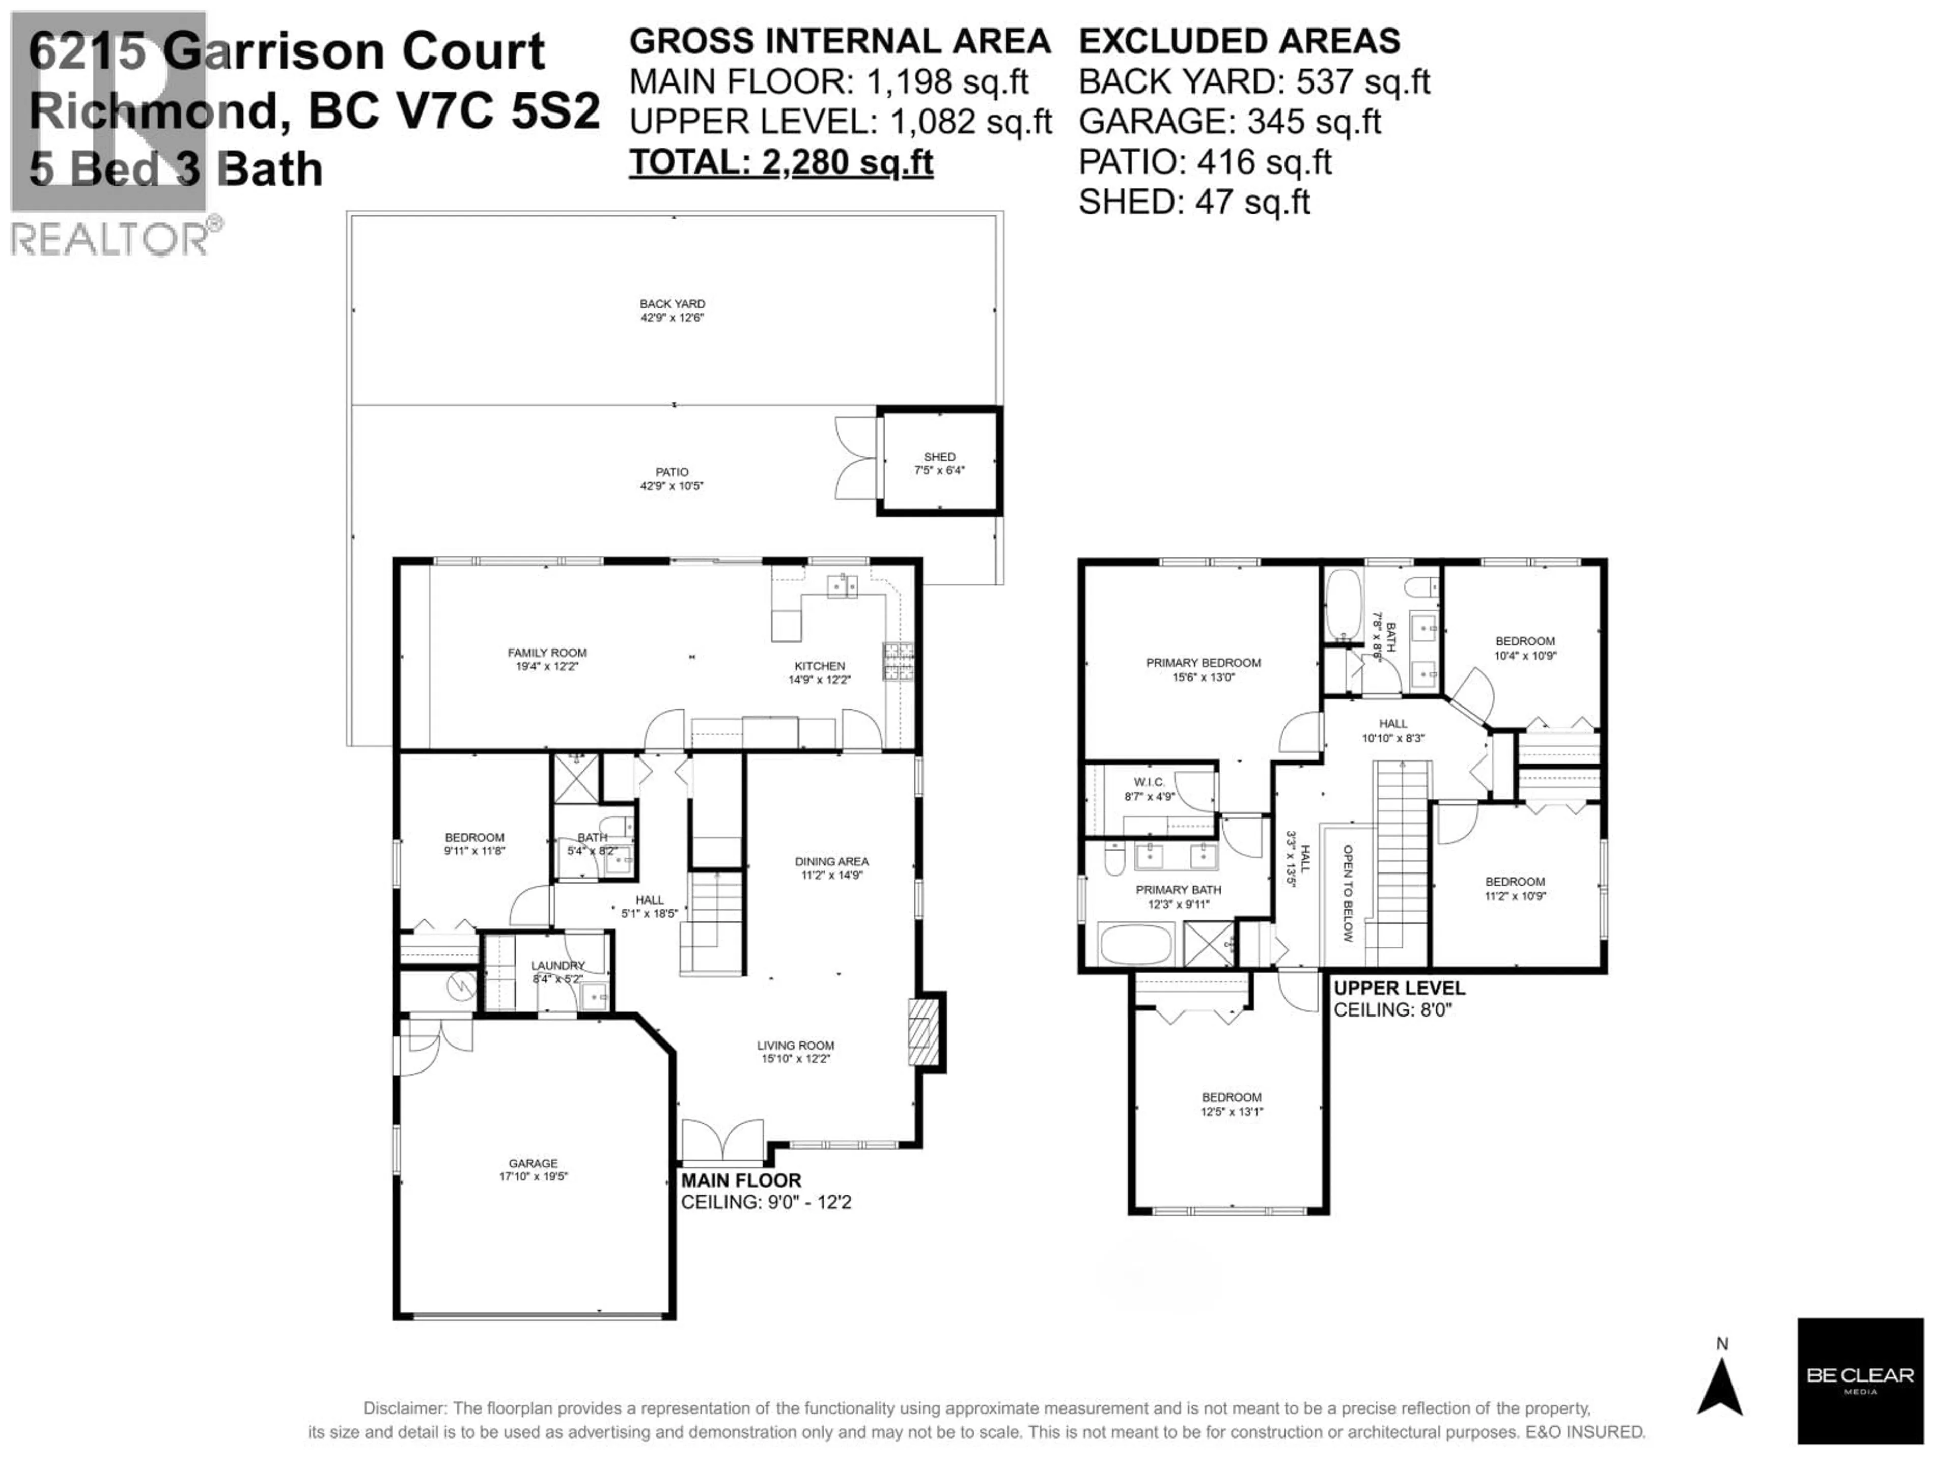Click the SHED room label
939,457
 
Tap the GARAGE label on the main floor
533,1163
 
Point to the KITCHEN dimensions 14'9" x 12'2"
819,680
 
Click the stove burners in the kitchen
899,662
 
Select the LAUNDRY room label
557,965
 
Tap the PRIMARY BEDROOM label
1203,663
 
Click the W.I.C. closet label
1149,782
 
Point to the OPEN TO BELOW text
1348,892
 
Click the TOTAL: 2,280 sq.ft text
780,162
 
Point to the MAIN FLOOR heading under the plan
741,1180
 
